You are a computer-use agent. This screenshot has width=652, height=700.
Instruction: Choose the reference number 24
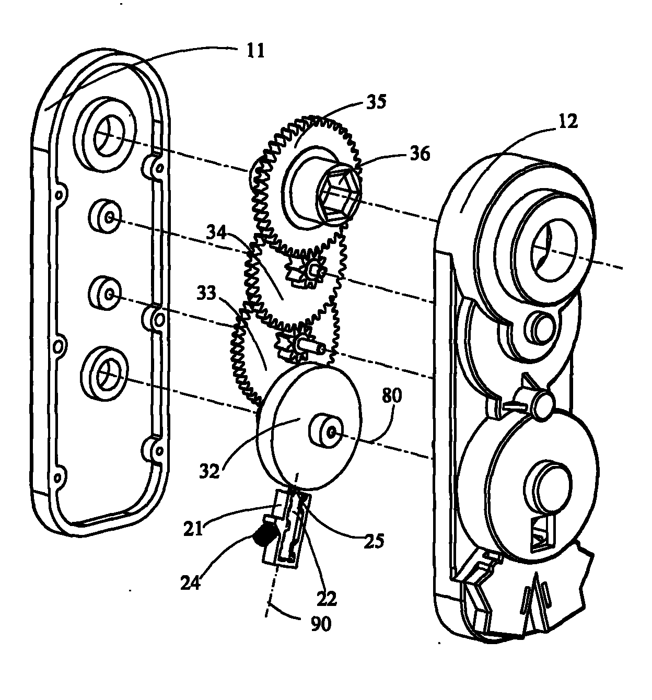pyautogui.click(x=190, y=582)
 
